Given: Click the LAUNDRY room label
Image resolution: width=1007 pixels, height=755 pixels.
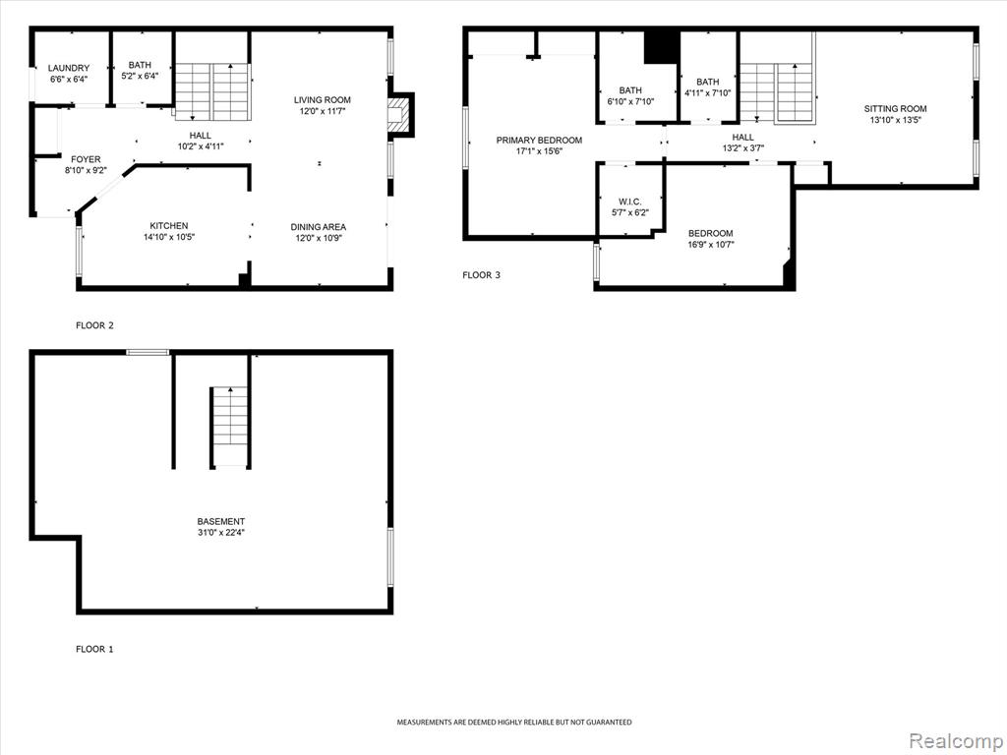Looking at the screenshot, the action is pyautogui.click(x=69, y=68).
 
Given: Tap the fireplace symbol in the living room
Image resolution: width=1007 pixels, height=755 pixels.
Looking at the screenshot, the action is pyautogui.click(x=398, y=115).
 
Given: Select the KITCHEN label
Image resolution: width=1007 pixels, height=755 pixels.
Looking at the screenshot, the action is pyautogui.click(x=169, y=226).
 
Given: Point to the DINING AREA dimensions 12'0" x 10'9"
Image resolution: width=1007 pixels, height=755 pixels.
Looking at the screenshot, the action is pyautogui.click(x=318, y=238).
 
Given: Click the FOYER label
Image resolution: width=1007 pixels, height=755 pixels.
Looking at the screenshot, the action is pyautogui.click(x=86, y=159).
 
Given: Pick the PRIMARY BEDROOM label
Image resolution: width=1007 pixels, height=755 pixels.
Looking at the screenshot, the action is pyautogui.click(x=539, y=140).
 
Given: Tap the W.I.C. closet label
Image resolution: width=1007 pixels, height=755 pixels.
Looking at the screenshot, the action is pyautogui.click(x=630, y=202).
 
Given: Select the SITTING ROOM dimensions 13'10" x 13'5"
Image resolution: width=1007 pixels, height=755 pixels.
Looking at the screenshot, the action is pyautogui.click(x=895, y=120).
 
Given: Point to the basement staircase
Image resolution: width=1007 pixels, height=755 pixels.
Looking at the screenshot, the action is pyautogui.click(x=230, y=426).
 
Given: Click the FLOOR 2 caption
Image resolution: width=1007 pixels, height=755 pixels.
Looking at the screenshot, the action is pyautogui.click(x=94, y=325).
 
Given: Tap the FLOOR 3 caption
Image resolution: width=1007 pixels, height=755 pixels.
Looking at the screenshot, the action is pyautogui.click(x=481, y=275).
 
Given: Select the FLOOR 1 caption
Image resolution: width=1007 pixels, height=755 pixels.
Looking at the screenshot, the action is pyautogui.click(x=94, y=649).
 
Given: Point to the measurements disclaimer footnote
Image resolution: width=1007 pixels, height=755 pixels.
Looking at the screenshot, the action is pyautogui.click(x=513, y=723).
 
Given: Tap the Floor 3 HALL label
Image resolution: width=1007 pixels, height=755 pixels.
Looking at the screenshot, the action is pyautogui.click(x=743, y=138).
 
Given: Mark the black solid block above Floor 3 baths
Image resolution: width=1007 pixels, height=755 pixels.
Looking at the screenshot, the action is pyautogui.click(x=662, y=47).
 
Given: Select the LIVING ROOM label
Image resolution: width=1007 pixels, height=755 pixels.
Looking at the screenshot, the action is pyautogui.click(x=323, y=100).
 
